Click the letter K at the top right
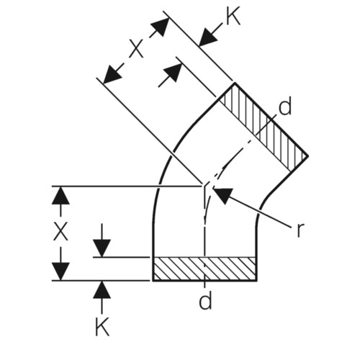click(233, 16)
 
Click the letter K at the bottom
click(102, 326)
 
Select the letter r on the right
click(300, 230)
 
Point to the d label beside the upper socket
click(285, 105)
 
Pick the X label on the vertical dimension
click(60, 231)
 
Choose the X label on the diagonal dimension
click(137, 49)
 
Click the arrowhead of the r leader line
click(222, 195)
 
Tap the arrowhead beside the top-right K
click(208, 37)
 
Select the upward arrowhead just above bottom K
click(102, 289)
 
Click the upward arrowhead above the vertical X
click(60, 195)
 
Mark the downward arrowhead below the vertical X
click(60, 271)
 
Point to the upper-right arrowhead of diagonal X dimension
click(161, 27)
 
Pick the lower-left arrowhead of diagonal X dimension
click(112, 75)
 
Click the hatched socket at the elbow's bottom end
click(204, 269)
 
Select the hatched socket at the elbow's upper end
click(264, 127)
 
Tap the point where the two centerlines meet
click(204, 186)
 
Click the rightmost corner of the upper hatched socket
click(308, 156)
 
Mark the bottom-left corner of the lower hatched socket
click(153, 280)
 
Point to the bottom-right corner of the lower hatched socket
click(257, 280)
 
